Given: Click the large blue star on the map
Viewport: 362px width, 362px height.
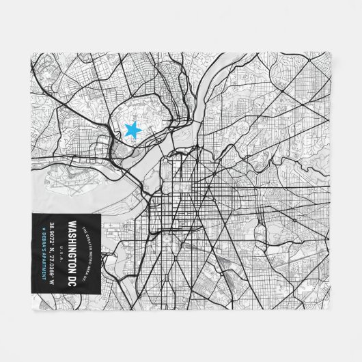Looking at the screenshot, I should click(x=133, y=128).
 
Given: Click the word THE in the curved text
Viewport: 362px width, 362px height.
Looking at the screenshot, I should click(x=83, y=228).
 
